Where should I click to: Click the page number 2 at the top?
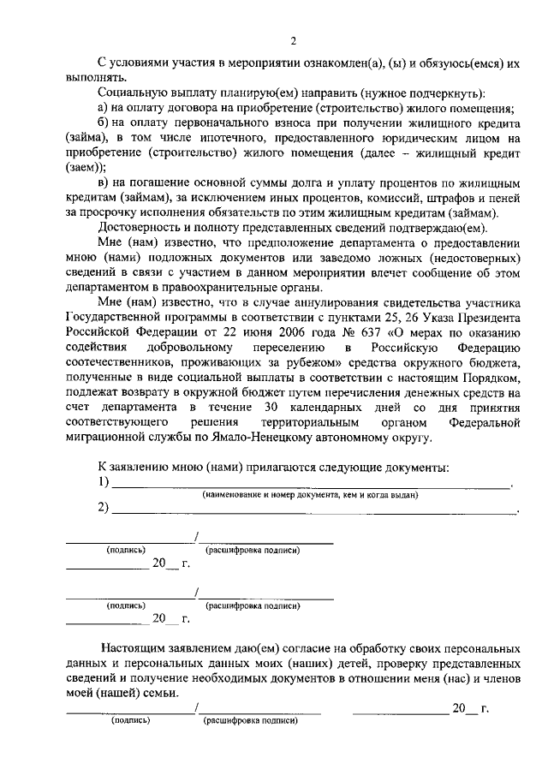point(293,41)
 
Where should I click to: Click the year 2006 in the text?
point(235,333)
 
